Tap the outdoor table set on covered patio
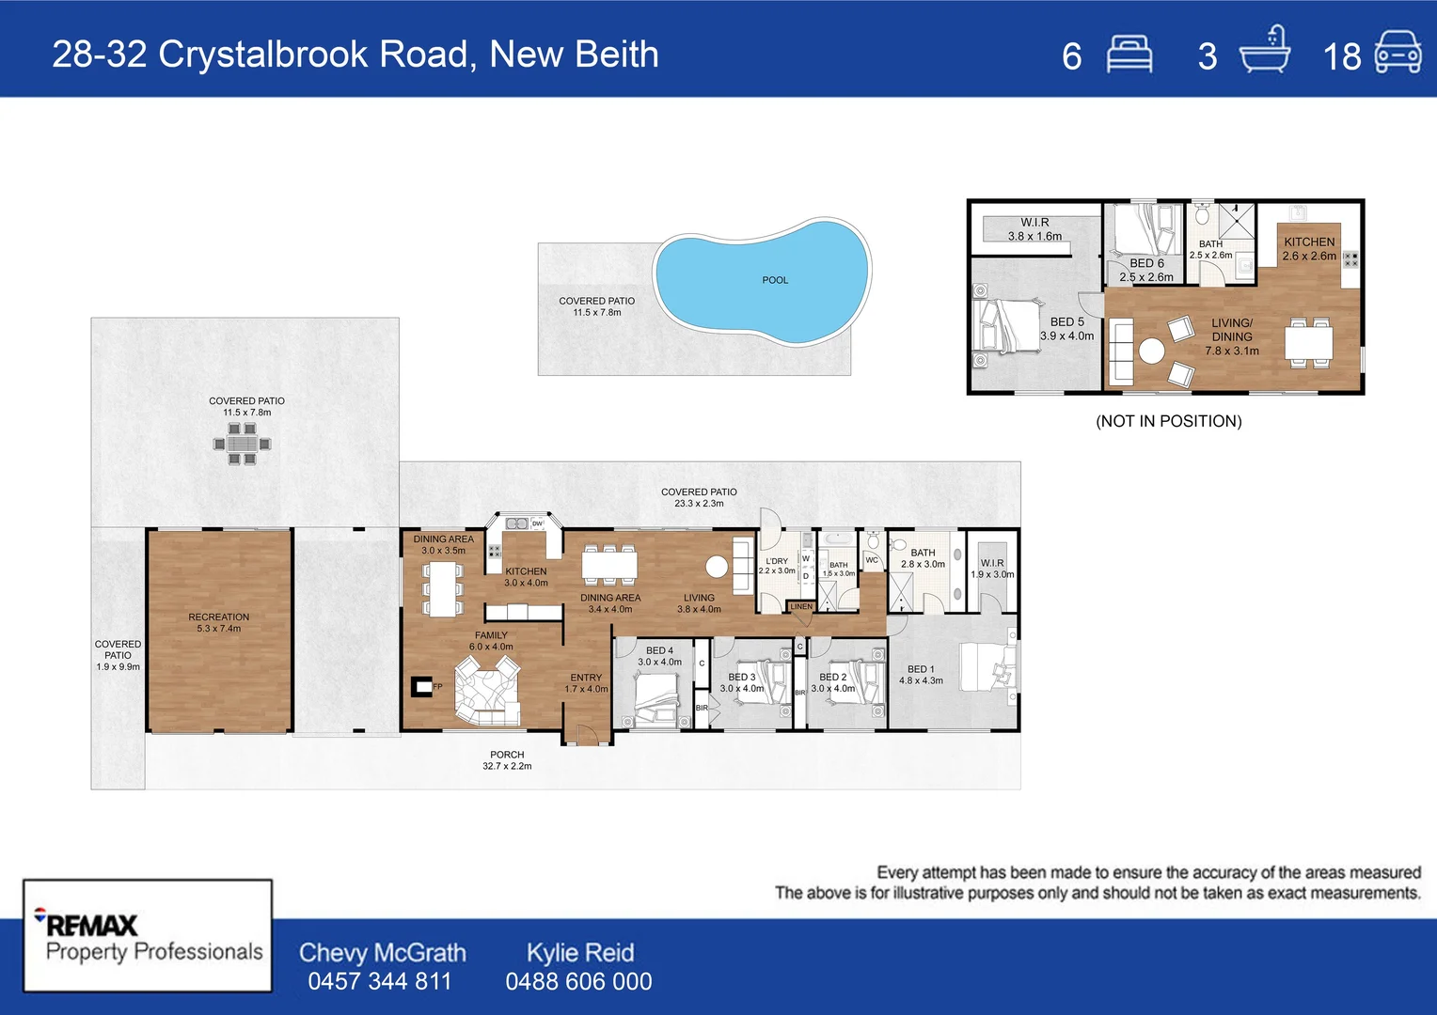(242, 444)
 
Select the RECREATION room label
(218, 617)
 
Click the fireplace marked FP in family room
(422, 687)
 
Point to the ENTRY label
(586, 678)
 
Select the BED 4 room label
(659, 650)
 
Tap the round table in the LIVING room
(717, 567)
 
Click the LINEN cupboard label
(801, 607)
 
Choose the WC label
(872, 560)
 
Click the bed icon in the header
(1129, 54)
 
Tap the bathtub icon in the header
(1264, 51)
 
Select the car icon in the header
(1398, 53)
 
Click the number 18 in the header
(1341, 57)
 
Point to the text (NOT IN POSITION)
(1168, 421)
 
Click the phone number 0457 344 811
(380, 981)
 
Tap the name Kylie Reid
(579, 952)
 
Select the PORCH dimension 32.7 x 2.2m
(507, 766)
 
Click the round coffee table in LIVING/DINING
(1151, 351)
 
